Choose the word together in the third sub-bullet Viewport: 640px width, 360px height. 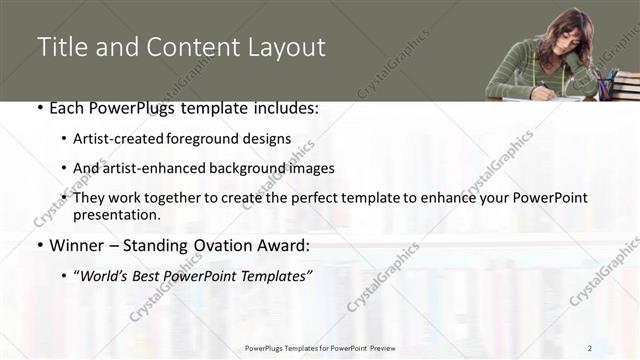[x=173, y=198]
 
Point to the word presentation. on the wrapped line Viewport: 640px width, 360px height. [x=116, y=214]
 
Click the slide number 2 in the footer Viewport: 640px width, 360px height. [x=590, y=348]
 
